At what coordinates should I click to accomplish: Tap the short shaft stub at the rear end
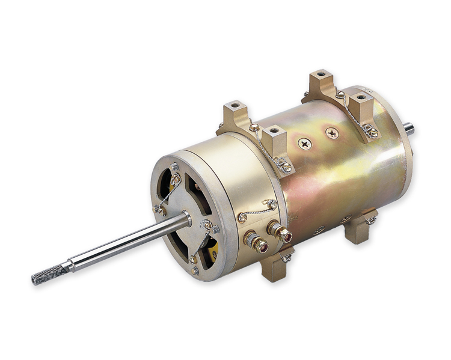click(409, 128)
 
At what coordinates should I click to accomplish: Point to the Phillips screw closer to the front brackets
click(304, 144)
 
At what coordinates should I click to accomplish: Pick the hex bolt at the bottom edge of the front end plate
click(195, 270)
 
